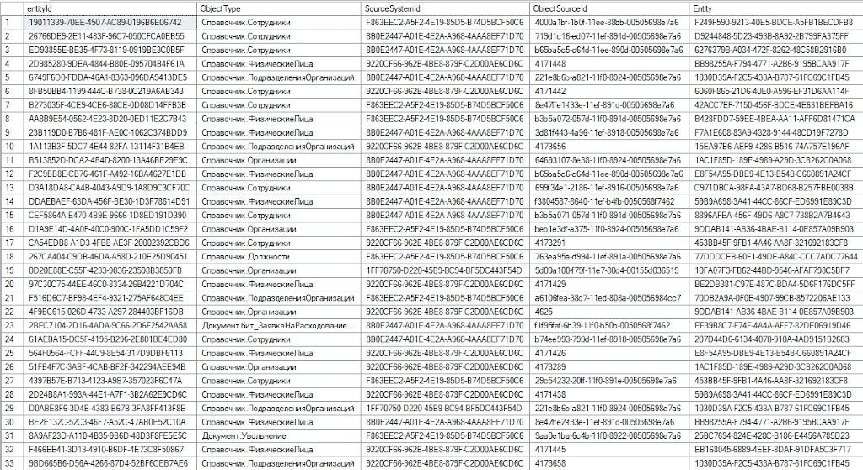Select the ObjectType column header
221,8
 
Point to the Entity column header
703,8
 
